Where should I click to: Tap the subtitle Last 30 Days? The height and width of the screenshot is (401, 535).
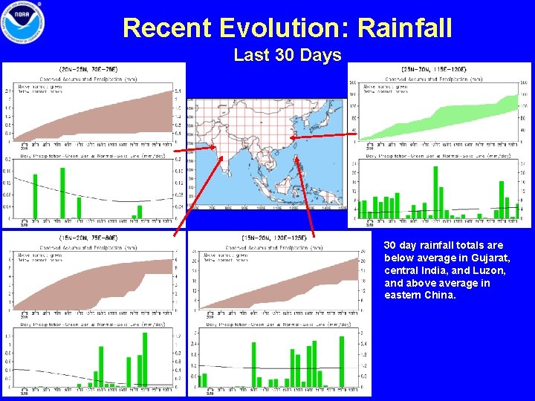click(x=287, y=55)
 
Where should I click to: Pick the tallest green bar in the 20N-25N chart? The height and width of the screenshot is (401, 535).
click(x=62, y=193)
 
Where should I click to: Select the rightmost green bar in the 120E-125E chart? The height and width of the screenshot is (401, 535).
click(x=341, y=361)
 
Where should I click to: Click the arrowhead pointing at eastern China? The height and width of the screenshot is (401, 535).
click(x=292, y=138)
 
